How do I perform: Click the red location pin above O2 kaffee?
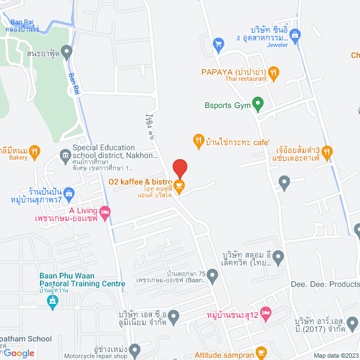pos(179,168)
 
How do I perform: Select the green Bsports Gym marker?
pos(258,104)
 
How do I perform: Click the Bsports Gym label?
pos(227,105)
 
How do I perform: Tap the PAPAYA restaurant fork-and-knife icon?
pos(273,71)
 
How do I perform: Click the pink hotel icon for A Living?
pos(105,212)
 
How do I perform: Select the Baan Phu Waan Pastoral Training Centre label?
pos(82,280)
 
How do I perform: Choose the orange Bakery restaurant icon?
pos(34,150)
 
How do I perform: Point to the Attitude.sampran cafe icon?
pos(261,353)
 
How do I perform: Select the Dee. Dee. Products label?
pos(325,285)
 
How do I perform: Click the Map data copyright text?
pos(335,355)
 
